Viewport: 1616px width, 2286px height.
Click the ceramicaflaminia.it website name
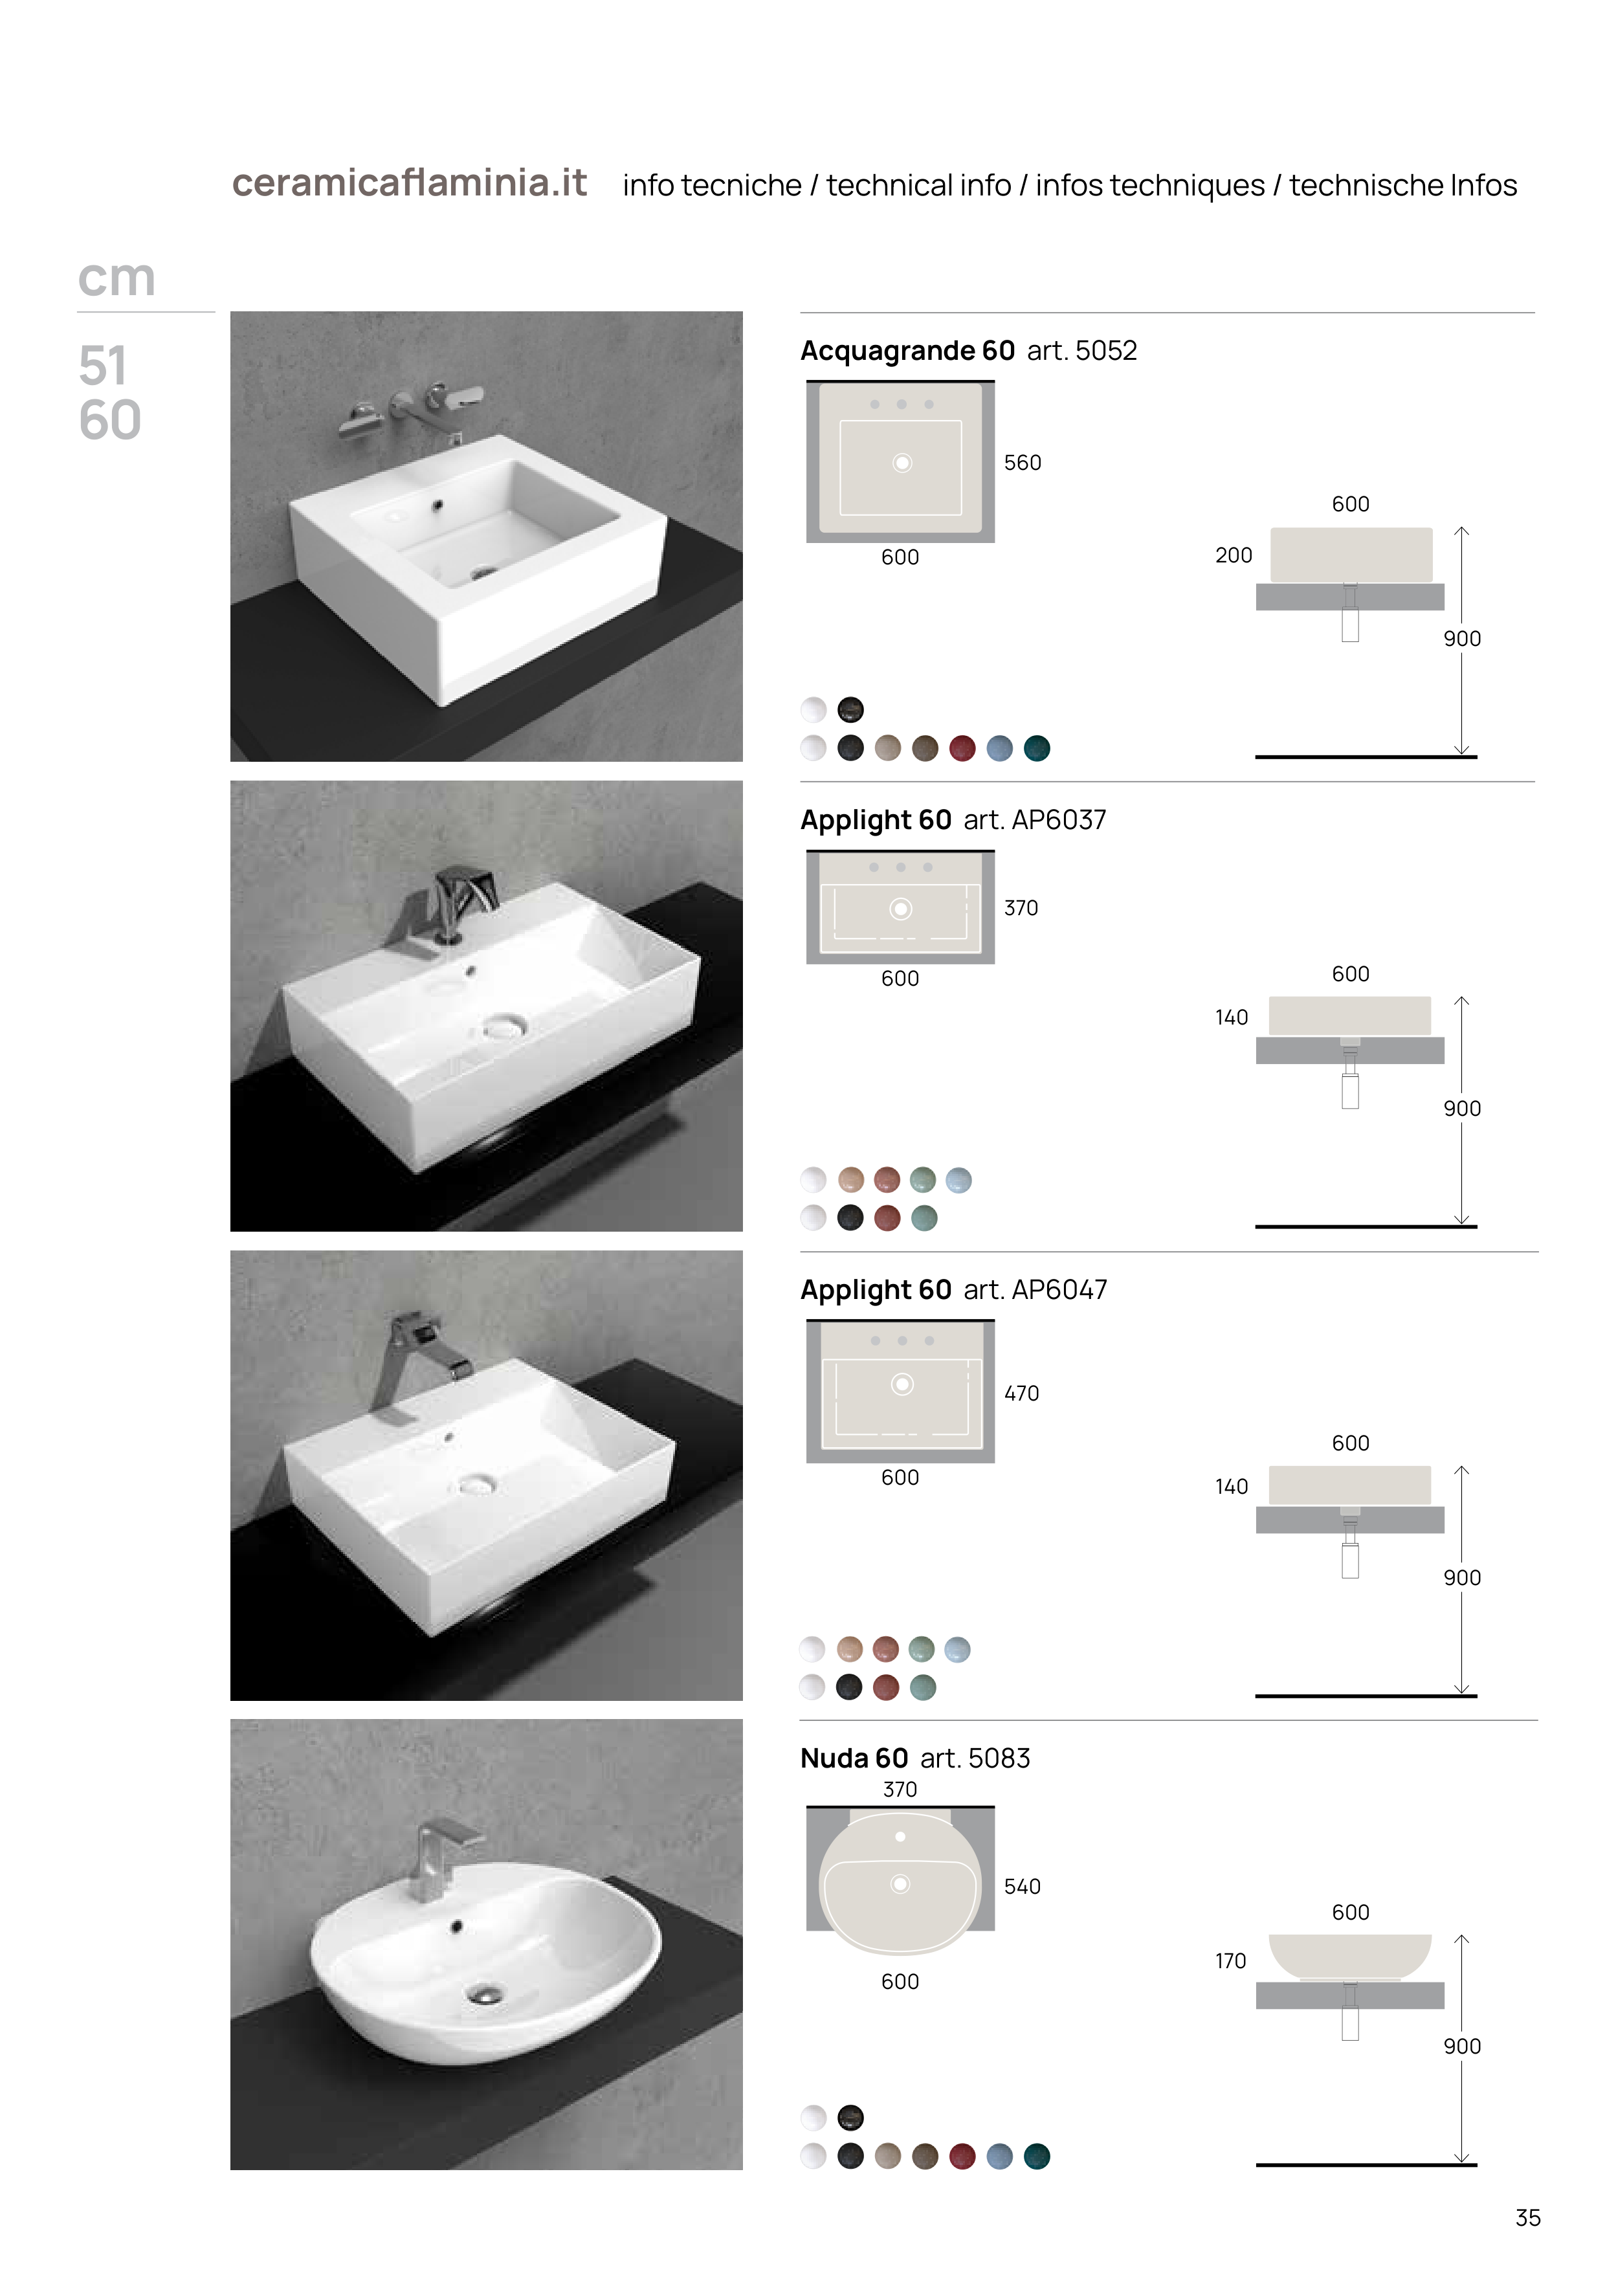[x=409, y=183]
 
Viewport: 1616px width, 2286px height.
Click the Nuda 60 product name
[x=854, y=1759]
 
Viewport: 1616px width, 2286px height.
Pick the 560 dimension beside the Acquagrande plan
[x=1023, y=463]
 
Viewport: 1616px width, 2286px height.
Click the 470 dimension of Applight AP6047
[x=1022, y=1394]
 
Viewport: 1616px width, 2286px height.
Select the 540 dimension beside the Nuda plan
[x=1023, y=1887]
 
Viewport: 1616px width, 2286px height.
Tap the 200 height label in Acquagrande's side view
[x=1234, y=555]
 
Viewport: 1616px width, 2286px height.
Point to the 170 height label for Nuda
[x=1231, y=1962]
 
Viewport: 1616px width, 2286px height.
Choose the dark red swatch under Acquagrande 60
[x=962, y=749]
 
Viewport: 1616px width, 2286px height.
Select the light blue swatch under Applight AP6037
[x=958, y=1180]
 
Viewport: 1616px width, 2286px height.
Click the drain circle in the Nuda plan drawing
[x=900, y=1884]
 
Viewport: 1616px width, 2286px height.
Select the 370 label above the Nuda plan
[x=900, y=1789]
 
